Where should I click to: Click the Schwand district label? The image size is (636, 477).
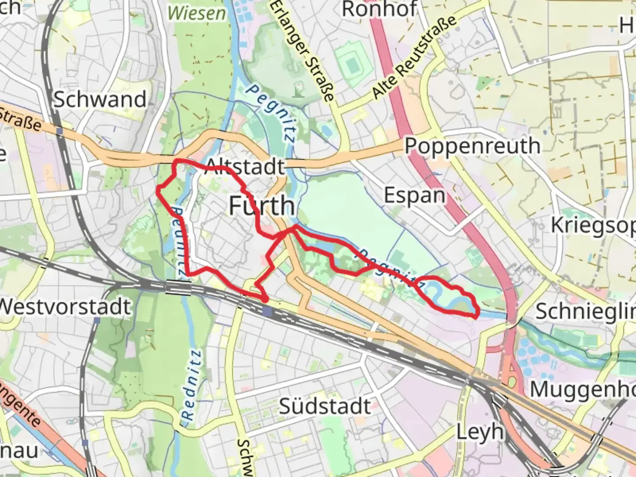click(x=100, y=99)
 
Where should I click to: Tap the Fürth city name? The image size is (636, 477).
click(x=262, y=206)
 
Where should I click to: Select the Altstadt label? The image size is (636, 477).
click(x=246, y=167)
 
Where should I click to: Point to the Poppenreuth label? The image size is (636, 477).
click(x=472, y=146)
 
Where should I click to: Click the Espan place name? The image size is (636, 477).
click(x=414, y=195)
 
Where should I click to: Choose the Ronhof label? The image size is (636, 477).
click(x=379, y=9)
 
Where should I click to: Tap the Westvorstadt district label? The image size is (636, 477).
click(x=65, y=307)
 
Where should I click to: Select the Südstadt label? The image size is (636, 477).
click(x=325, y=406)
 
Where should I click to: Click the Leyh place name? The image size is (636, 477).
click(x=480, y=432)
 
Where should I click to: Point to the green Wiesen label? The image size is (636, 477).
click(x=197, y=13)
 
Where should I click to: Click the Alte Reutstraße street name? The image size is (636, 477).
click(x=414, y=57)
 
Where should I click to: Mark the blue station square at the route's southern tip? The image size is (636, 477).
click(x=267, y=311)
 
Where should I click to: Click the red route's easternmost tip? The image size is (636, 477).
click(x=477, y=315)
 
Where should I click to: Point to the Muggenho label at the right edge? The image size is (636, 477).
click(x=582, y=390)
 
